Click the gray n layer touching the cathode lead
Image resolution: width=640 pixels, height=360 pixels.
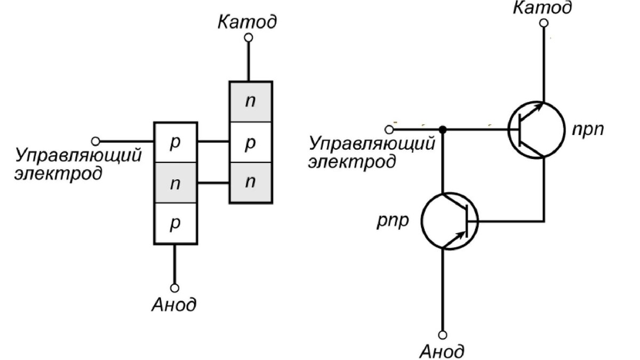pyautogui.click(x=251, y=101)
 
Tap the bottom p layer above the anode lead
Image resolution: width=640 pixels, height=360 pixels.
pyautogui.click(x=175, y=223)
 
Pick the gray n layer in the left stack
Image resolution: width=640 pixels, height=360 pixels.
pyautogui.click(x=175, y=183)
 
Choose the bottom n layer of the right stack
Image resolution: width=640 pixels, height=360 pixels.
pyautogui.click(x=251, y=182)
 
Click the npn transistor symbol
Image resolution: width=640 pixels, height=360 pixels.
pyautogui.click(x=535, y=130)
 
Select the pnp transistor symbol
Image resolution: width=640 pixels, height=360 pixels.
pyautogui.click(x=450, y=220)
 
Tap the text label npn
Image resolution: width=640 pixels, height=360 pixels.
pyautogui.click(x=589, y=130)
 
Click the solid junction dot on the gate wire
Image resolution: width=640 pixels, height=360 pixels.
pyautogui.click(x=442, y=129)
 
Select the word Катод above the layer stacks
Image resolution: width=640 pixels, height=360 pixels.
pyautogui.click(x=247, y=22)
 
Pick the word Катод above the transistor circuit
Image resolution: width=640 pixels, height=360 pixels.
pyautogui.click(x=542, y=7)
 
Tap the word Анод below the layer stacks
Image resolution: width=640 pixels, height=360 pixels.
pyautogui.click(x=174, y=305)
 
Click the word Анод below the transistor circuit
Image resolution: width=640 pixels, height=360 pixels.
pyautogui.click(x=442, y=351)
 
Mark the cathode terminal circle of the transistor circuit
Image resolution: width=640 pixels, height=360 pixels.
pyautogui.click(x=543, y=23)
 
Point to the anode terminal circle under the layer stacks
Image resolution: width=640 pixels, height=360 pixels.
pyautogui.click(x=174, y=286)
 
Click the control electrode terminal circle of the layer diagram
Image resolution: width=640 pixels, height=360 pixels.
pyautogui.click(x=95, y=141)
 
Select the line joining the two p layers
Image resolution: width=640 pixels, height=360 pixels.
pyautogui.click(x=213, y=142)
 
